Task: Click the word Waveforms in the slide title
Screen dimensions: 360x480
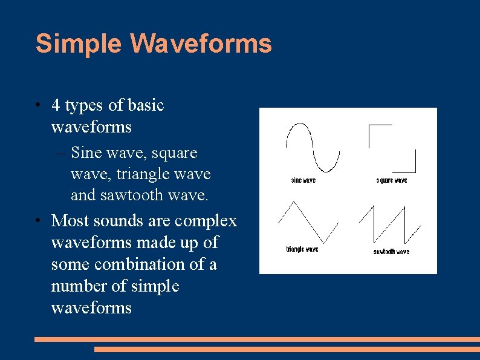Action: tap(201, 44)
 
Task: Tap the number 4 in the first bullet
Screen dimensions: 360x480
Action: tap(56, 105)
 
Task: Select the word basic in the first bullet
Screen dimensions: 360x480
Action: tap(146, 105)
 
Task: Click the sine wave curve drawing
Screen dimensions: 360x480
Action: tap(312, 147)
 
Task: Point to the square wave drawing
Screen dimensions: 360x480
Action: tap(392, 148)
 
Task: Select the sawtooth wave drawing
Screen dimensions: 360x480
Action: tap(390, 224)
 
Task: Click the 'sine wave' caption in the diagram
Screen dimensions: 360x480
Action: tap(303, 180)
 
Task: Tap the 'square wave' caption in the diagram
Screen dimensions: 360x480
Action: tap(391, 180)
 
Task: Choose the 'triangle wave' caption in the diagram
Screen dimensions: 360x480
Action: tap(302, 249)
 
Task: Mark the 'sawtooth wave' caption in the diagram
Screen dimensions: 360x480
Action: tap(391, 252)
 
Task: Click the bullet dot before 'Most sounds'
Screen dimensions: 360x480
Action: tap(37, 221)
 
